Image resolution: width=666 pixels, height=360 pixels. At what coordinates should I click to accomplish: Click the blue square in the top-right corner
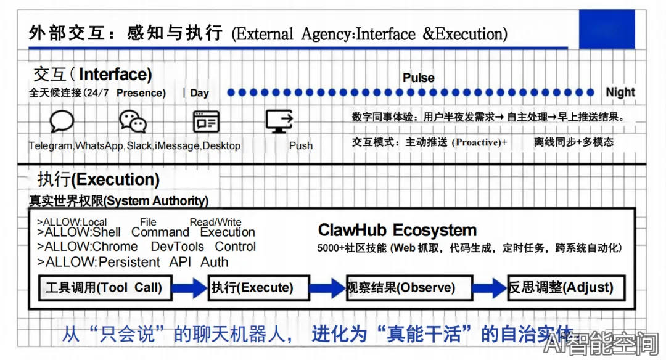[607, 29]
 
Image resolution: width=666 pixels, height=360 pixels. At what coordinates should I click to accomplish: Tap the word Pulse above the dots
[419, 78]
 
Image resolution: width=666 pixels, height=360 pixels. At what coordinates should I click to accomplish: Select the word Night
[620, 92]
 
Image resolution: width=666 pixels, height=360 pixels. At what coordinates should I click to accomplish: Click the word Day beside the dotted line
[199, 93]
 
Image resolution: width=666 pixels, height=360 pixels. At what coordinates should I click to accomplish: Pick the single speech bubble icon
[62, 121]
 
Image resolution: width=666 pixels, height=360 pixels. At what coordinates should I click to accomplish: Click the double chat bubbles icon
[133, 121]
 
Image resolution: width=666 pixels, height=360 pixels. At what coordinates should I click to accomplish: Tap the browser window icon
[206, 121]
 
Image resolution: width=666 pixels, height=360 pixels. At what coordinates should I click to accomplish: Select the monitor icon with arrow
[279, 121]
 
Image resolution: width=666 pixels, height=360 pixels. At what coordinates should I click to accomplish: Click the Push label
[301, 146]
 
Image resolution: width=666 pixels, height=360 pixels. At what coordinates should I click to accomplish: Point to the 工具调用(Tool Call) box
[104, 288]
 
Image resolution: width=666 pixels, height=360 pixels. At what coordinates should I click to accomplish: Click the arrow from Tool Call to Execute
[189, 288]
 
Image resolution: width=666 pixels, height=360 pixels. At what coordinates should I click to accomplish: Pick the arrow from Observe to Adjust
[490, 288]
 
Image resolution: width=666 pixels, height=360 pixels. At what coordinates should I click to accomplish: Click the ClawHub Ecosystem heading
[397, 231]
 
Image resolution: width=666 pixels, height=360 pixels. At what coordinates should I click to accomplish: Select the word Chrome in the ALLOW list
[114, 247]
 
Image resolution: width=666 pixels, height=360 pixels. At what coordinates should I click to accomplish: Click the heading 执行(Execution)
[99, 179]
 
